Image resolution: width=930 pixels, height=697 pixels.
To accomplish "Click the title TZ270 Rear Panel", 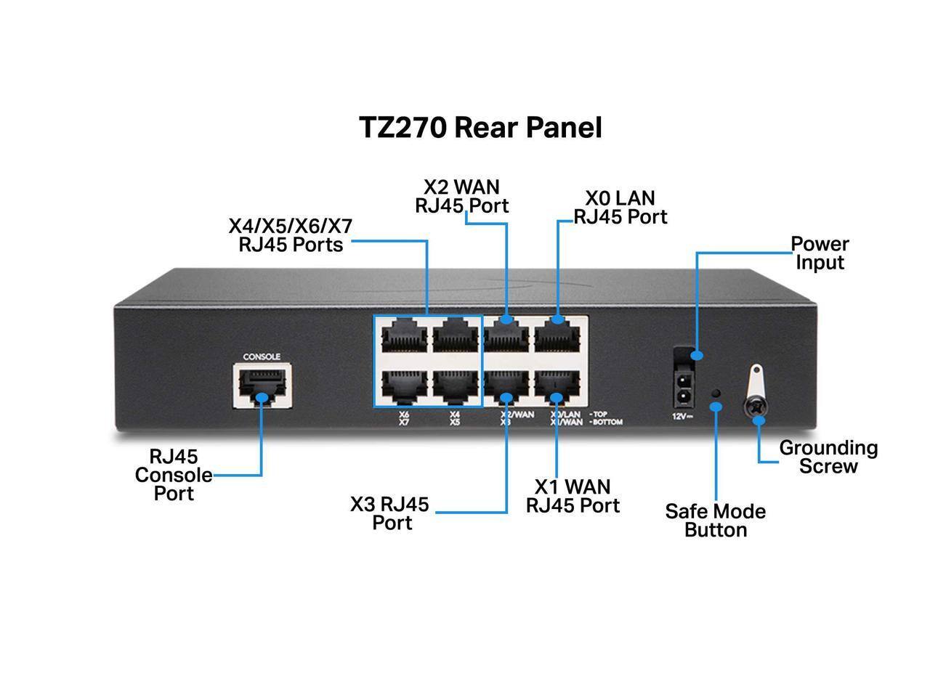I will [x=481, y=128].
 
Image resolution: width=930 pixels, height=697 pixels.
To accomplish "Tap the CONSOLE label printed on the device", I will [x=262, y=356].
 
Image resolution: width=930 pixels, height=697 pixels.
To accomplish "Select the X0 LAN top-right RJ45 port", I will [x=558, y=338].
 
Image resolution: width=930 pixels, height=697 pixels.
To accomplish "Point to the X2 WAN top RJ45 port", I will [x=507, y=338].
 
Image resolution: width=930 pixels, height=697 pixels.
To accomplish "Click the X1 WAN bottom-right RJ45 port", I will [x=558, y=388].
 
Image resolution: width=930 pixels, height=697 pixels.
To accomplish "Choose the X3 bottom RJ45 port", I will [x=507, y=388].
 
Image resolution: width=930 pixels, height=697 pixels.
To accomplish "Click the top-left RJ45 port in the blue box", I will [x=403, y=338].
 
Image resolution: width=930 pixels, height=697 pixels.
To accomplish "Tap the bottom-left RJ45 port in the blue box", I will [x=403, y=388].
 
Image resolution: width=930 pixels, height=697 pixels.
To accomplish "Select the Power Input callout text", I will [x=820, y=253].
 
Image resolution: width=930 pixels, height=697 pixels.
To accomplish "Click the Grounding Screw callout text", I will [x=828, y=457].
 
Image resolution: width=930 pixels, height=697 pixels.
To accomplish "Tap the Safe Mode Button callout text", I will [x=716, y=521].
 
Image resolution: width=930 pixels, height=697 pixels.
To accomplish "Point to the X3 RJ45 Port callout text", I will [x=390, y=513].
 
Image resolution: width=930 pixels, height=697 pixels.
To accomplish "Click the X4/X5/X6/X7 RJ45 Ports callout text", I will [x=291, y=235].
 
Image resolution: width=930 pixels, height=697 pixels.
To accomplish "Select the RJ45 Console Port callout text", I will [x=174, y=476].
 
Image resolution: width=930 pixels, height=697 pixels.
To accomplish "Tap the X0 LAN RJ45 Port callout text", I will [x=620, y=208].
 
